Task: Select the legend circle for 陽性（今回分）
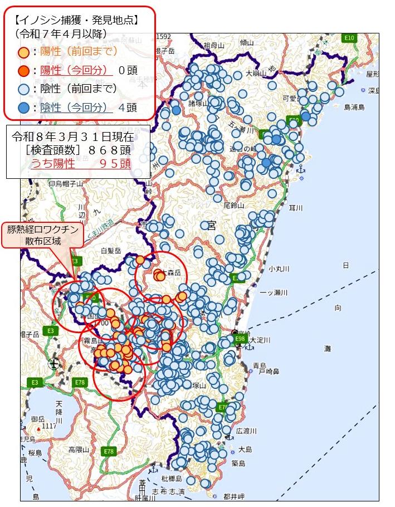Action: coord(23,71)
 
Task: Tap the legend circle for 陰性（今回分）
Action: coord(23,108)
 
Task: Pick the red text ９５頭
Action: coord(115,164)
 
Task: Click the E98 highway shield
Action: coord(240,339)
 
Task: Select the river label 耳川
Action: coord(296,208)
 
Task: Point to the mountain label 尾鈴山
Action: coord(234,206)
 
